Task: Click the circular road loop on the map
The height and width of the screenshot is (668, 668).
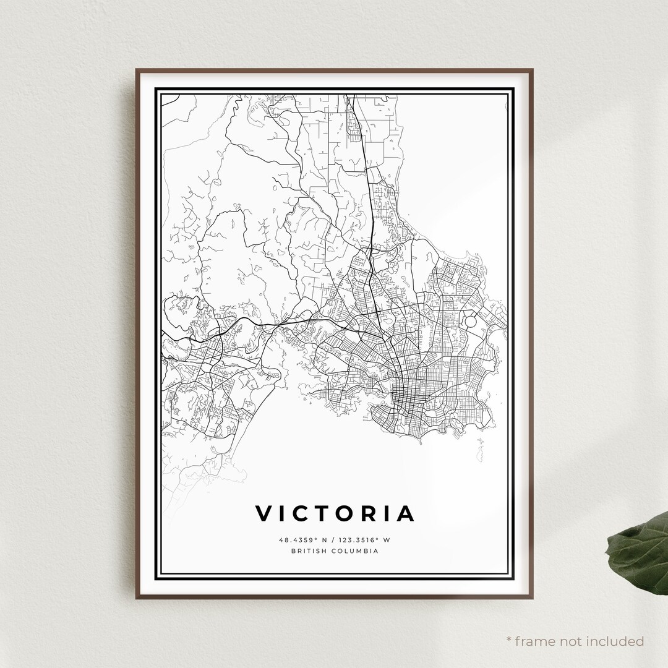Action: (470, 322)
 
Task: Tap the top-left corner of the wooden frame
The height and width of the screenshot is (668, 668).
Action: (137, 70)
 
